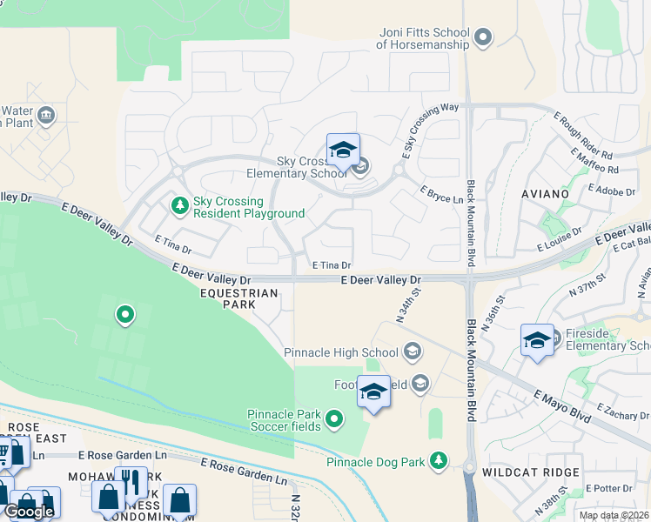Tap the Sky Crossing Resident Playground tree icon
[x=179, y=205]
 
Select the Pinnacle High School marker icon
[x=413, y=352]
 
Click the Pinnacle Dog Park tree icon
[x=440, y=459]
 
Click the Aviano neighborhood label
[x=545, y=193]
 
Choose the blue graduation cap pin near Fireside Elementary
[x=537, y=339]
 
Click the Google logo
[x=29, y=512]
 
